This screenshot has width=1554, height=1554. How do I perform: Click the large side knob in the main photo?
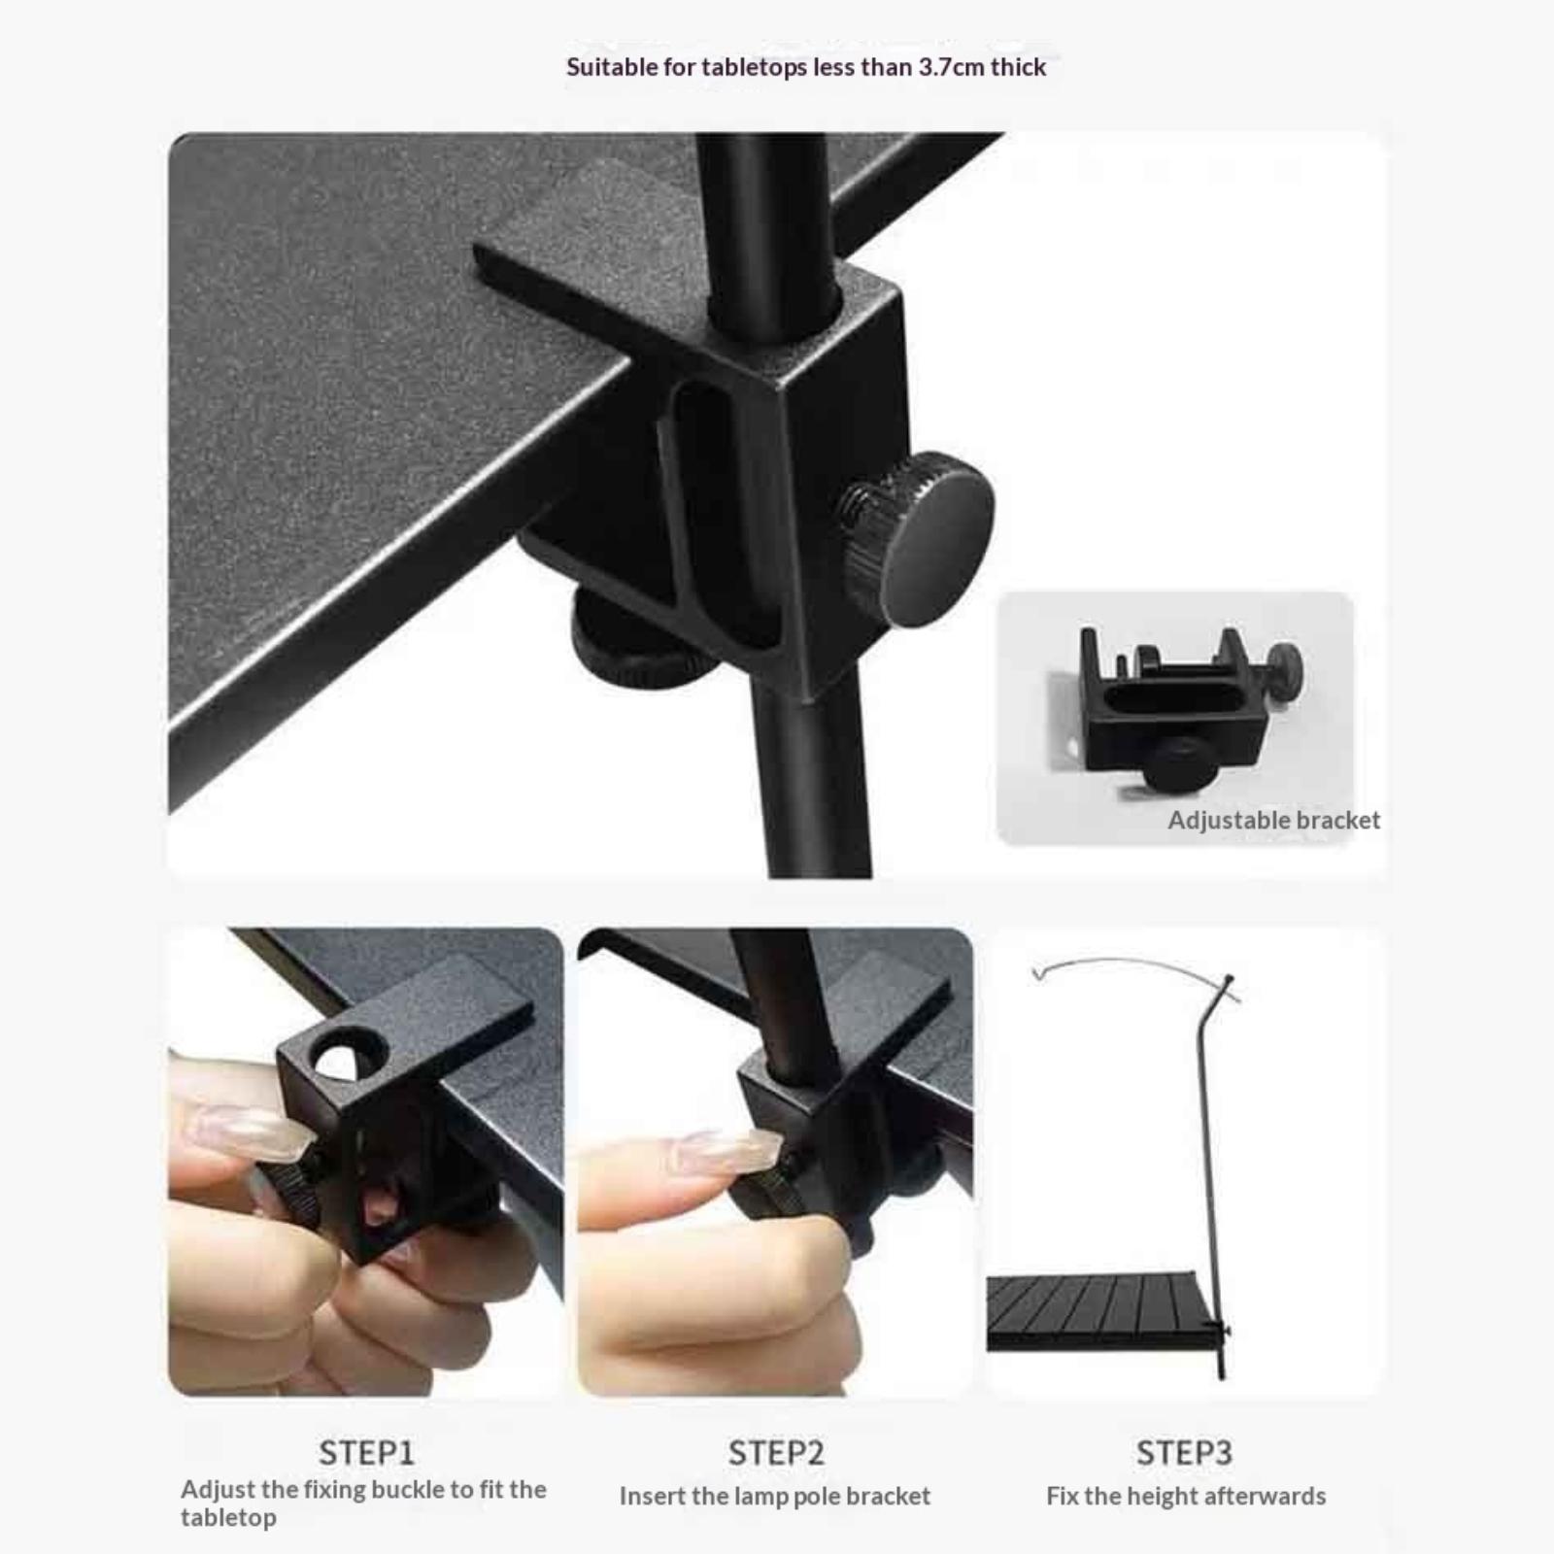pos(919,539)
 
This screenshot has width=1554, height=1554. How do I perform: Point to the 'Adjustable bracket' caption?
pos(1273,821)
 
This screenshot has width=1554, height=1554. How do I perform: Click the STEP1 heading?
pos(366,1453)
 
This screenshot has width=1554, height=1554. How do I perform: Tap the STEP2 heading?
pos(776,1453)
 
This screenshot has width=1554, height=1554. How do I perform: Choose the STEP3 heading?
pos(1184,1453)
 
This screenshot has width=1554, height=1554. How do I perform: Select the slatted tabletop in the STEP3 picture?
pos(1102,1311)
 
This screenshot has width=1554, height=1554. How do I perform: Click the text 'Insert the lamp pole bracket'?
pos(775,1497)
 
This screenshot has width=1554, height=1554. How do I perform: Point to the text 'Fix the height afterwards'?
pos(1186,1497)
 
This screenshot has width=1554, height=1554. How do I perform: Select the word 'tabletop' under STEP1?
pos(228,1518)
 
